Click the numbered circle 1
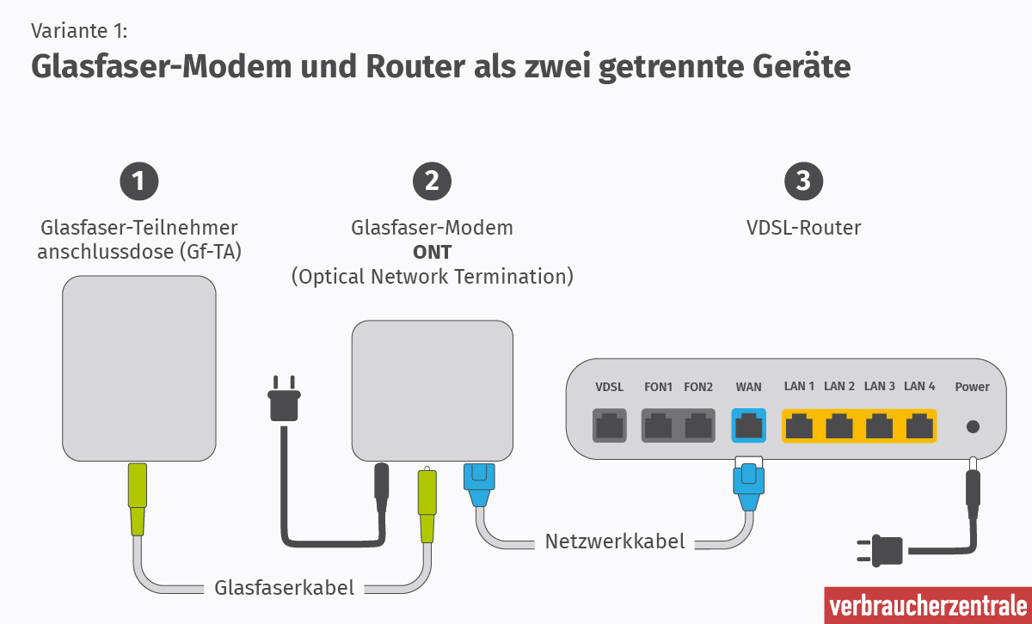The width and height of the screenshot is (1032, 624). pyautogui.click(x=139, y=180)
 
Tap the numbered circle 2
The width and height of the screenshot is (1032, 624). pyautogui.click(x=432, y=180)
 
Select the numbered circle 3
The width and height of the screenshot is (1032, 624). pyautogui.click(x=803, y=180)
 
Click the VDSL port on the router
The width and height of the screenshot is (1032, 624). pyautogui.click(x=610, y=425)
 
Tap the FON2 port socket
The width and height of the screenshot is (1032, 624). pyautogui.click(x=699, y=425)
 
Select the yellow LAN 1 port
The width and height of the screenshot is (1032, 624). pyautogui.click(x=800, y=425)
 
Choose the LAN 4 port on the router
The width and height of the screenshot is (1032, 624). pyautogui.click(x=918, y=425)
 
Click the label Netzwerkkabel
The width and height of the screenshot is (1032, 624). pyautogui.click(x=615, y=541)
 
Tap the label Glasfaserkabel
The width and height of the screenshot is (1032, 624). pyautogui.click(x=284, y=588)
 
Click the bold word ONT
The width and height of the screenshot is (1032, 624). pyautogui.click(x=432, y=253)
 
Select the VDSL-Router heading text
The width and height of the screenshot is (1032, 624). pyautogui.click(x=803, y=228)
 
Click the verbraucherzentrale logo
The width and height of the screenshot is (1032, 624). pyautogui.click(x=927, y=606)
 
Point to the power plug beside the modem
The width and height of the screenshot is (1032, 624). pyautogui.click(x=285, y=401)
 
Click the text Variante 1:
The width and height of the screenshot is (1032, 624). pyautogui.click(x=79, y=32)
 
